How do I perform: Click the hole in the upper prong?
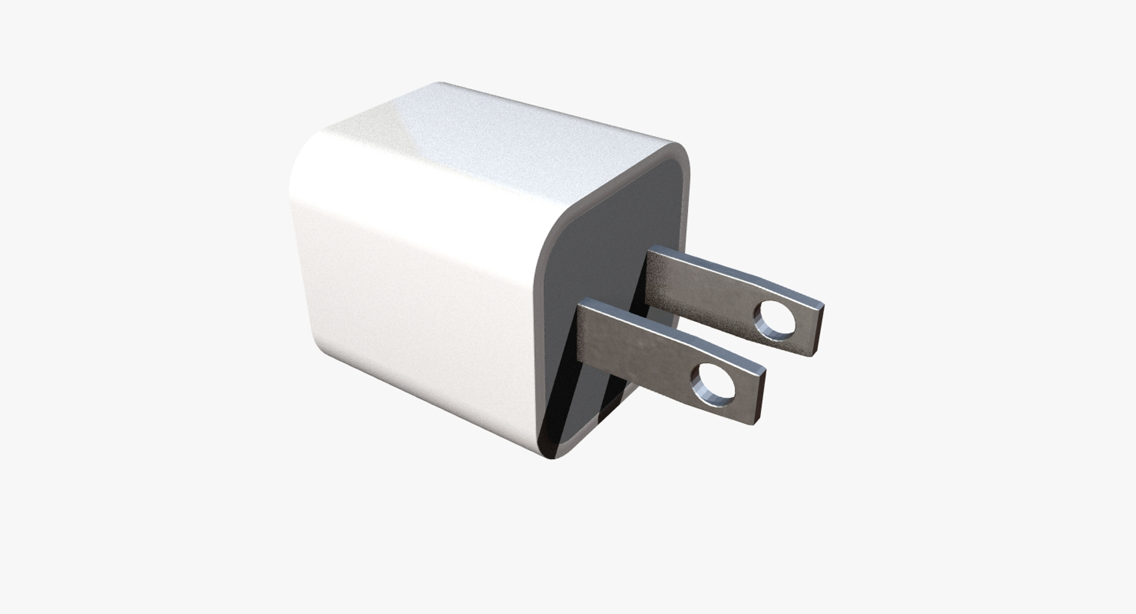pos(776,319)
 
